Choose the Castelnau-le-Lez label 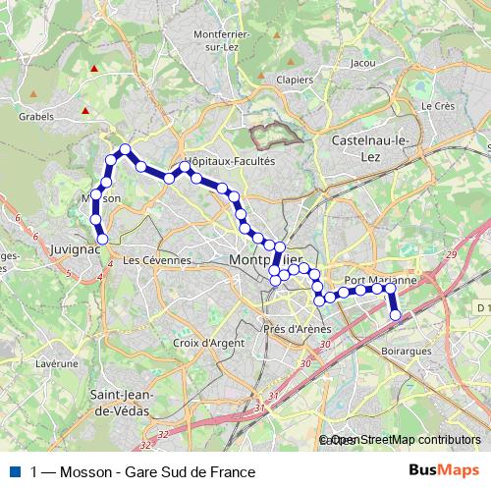coord(369,147)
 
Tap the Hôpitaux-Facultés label coord(230,161)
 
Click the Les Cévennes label coord(157,260)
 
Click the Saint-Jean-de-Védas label coord(121,402)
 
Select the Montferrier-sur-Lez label coord(225,40)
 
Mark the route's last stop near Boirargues coord(396,316)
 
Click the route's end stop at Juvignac coord(102,238)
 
